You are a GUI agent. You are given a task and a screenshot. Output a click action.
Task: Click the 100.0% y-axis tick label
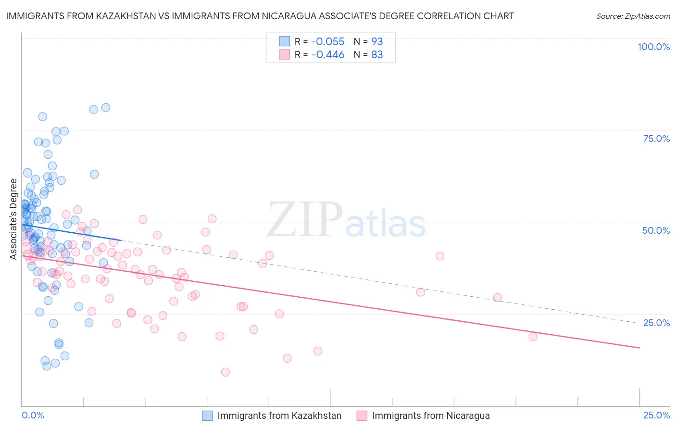coord(653,47)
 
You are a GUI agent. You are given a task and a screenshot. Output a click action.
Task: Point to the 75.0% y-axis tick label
coord(656,139)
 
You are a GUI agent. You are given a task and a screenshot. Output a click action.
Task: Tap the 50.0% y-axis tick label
coord(656,230)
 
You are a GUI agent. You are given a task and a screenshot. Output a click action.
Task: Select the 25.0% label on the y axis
coord(656,323)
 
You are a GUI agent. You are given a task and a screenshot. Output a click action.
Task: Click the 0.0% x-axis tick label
coord(33,415)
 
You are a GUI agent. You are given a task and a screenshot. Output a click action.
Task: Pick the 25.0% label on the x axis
coord(656,415)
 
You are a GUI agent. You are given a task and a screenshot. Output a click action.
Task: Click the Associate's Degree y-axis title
coord(13,219)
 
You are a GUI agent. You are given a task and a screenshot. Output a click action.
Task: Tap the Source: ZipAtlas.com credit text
coord(633,16)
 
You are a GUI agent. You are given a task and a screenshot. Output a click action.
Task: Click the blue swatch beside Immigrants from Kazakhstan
coord(207,416)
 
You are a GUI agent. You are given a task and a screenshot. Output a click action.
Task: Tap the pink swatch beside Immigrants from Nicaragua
coord(362,416)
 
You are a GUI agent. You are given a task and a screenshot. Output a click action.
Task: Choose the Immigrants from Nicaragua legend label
coord(431,416)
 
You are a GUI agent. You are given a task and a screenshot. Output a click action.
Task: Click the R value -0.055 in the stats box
coord(328,41)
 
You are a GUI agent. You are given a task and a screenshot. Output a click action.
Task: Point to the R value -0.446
coord(328,55)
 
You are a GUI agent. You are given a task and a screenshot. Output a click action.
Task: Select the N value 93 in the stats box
coord(377,41)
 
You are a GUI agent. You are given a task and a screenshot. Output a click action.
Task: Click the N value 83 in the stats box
coord(377,55)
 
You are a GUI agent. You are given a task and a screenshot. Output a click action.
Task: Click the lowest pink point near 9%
coord(225,372)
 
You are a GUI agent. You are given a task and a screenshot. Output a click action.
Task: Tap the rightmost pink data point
coord(533,337)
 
